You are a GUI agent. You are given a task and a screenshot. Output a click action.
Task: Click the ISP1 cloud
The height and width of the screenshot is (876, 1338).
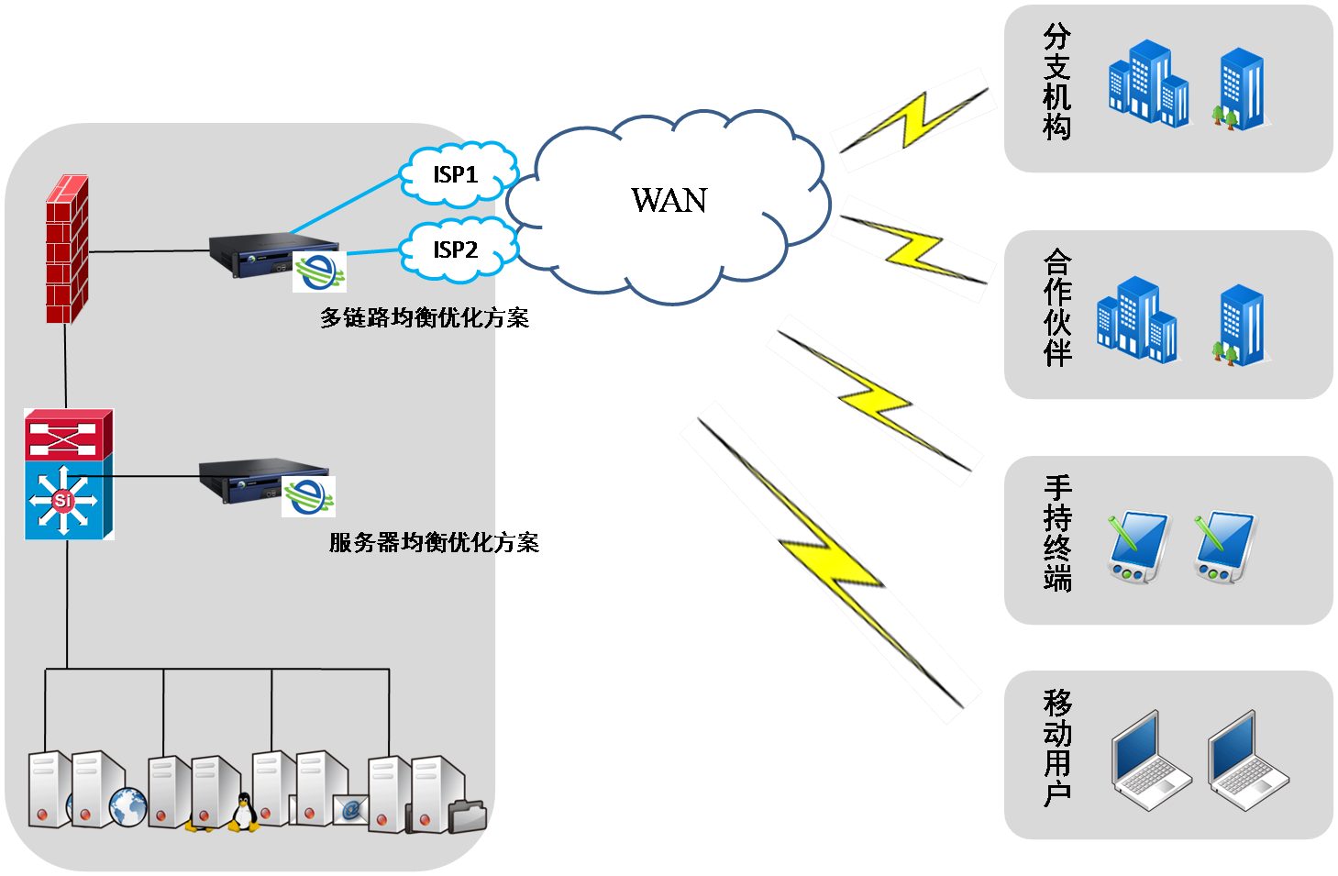coord(456,174)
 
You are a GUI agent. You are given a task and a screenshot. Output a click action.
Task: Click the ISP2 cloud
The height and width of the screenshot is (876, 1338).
coord(456,249)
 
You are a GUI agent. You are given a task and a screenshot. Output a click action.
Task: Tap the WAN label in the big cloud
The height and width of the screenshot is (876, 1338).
coord(669,201)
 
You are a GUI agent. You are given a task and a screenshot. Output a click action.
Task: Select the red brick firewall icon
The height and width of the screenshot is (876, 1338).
coord(68,249)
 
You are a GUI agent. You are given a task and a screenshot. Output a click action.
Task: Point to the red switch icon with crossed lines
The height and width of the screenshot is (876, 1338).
coord(68,435)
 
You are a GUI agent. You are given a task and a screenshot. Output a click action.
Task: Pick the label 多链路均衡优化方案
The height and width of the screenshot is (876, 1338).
coord(425,318)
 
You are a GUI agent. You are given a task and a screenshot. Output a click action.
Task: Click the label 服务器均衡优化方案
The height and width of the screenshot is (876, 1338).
coord(434,543)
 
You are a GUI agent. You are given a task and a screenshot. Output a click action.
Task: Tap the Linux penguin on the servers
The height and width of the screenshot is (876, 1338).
coord(242,813)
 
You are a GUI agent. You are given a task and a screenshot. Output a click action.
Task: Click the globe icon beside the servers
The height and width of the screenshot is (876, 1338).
coord(127,807)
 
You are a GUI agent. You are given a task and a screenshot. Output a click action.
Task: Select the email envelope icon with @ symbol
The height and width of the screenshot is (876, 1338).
coord(350,809)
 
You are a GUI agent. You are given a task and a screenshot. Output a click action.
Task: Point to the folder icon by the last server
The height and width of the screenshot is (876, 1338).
coord(468,815)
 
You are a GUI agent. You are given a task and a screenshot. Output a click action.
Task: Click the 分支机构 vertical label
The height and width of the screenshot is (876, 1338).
coord(1056,83)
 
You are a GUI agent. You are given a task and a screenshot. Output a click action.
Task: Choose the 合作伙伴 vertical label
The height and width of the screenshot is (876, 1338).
coord(1056,308)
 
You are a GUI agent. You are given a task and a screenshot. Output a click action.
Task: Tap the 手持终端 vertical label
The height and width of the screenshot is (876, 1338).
coord(1056,533)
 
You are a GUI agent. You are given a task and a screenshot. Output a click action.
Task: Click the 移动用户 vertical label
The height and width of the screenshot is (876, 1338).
coord(1056,748)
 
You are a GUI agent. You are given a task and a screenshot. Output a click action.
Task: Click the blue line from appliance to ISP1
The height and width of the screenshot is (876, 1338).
coord(344,204)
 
